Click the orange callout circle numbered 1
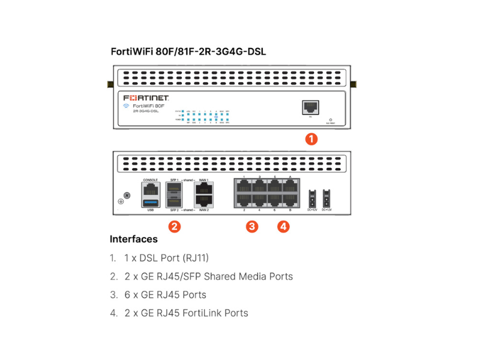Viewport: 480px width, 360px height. pos(311,139)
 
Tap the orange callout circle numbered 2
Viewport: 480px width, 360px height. pos(174,226)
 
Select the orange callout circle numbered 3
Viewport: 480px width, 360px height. pos(253,226)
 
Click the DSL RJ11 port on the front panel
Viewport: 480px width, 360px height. pos(310,107)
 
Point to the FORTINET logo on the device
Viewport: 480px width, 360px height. pos(146,98)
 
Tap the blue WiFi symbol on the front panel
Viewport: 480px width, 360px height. pos(126,106)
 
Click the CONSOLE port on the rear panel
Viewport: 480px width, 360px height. pos(149,188)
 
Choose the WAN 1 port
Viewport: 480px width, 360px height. pos(203,188)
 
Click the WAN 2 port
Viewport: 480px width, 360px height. pos(203,200)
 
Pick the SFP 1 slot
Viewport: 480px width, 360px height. pos(175,188)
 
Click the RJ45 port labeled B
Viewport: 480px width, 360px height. pos(291,200)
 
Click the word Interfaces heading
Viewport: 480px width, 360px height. pos(133,239)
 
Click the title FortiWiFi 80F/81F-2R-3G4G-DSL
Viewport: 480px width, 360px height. pos(188,52)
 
